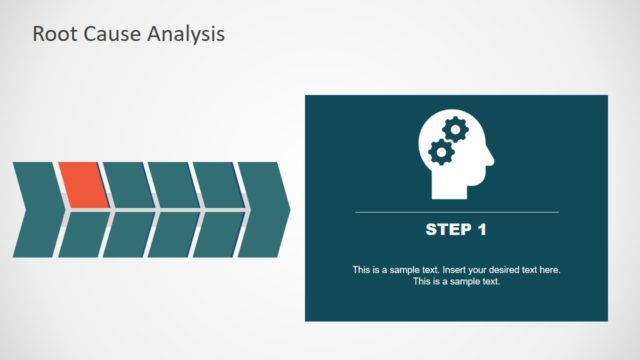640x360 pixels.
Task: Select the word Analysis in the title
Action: coord(186,34)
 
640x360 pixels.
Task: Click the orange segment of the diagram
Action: coord(80,185)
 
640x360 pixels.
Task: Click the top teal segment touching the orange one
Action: coord(126,185)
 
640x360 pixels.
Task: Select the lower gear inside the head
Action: coord(439,152)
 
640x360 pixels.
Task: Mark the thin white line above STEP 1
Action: coord(456,212)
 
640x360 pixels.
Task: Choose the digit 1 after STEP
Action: coord(481,230)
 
